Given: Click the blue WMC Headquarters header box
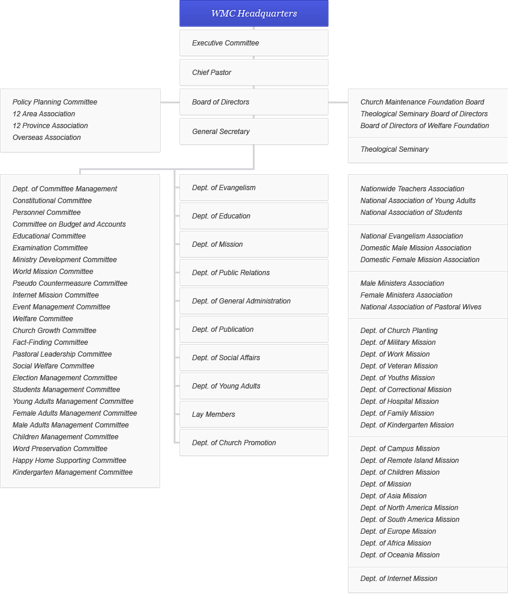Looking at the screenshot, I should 254,14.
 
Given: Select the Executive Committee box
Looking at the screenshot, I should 254,43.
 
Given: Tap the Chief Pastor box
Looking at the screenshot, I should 254,73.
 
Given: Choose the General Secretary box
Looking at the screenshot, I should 254,132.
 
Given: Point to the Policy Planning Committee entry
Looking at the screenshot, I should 55,102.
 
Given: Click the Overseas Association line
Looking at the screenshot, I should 47,138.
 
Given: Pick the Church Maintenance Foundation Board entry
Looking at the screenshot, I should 422,102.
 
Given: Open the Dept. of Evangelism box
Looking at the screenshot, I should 254,188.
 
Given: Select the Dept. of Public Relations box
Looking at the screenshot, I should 254,273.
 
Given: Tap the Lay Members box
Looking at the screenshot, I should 254,415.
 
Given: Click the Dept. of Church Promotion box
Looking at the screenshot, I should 254,443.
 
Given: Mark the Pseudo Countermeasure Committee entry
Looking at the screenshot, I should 70,283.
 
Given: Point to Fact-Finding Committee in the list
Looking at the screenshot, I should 50,342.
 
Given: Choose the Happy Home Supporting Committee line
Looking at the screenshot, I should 69,461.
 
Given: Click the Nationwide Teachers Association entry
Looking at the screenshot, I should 412,189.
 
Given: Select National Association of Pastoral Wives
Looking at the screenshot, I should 421,307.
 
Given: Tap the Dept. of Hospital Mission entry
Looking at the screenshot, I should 399,402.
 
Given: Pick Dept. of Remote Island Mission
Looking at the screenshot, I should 409,461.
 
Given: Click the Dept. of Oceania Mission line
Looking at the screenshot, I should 400,555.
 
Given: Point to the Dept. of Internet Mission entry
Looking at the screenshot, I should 399,579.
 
